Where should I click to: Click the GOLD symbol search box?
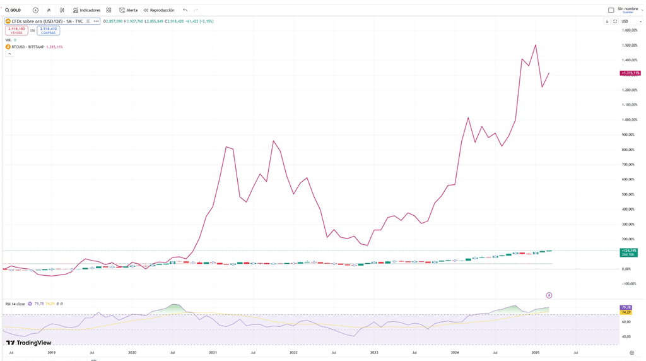pos(13,10)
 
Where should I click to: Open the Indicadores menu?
pos(87,10)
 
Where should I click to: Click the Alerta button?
pos(129,10)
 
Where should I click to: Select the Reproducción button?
pos(159,10)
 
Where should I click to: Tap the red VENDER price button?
pos(16,30)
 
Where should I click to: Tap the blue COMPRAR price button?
pos(49,30)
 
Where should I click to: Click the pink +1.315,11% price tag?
pos(630,73)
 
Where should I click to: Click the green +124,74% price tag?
pos(628,251)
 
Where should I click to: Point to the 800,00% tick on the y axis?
pos(628,150)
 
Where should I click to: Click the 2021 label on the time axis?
pos(213,353)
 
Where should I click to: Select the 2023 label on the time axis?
pos(374,353)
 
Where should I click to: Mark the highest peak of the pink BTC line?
pos(536,45)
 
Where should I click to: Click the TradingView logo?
pos(29,343)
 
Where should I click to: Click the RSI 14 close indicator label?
pos(15,304)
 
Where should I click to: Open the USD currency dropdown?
pos(627,21)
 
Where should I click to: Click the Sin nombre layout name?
pos(628,9)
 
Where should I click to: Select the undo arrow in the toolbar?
pos(185,10)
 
